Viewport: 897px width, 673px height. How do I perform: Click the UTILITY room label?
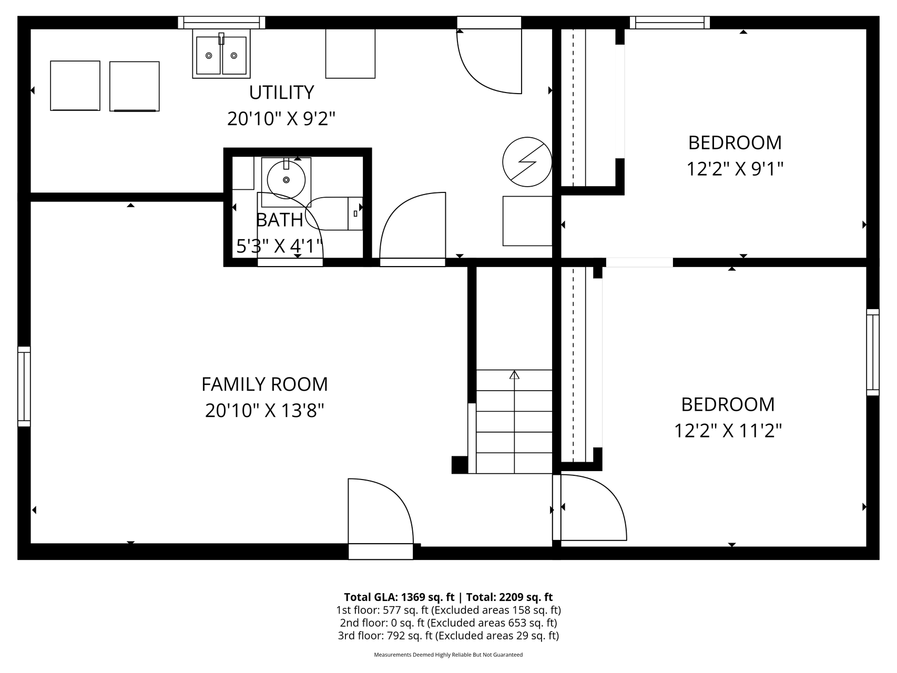tap(281, 93)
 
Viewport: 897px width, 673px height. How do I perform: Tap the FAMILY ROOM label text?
tap(264, 384)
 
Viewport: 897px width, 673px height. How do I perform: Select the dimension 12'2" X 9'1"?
tap(735, 169)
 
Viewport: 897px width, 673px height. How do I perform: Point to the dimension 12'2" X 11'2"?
tap(728, 431)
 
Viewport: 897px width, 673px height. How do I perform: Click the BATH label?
tap(279, 220)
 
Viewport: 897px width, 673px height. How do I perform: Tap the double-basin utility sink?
tap(221, 55)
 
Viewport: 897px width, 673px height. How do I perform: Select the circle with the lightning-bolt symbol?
tap(527, 162)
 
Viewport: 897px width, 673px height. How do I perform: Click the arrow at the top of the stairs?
tap(514, 375)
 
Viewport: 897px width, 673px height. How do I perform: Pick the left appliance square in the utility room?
tap(75, 86)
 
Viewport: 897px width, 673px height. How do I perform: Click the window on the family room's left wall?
tap(24, 386)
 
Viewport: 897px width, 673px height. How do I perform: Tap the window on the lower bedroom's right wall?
tap(872, 352)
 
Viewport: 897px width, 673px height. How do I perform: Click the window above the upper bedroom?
tap(669, 22)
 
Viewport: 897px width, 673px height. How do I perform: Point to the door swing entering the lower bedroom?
tap(593, 507)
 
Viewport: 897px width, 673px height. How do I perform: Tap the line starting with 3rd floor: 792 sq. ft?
tap(448, 636)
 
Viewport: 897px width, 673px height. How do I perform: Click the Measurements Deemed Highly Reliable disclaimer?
tap(448, 655)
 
